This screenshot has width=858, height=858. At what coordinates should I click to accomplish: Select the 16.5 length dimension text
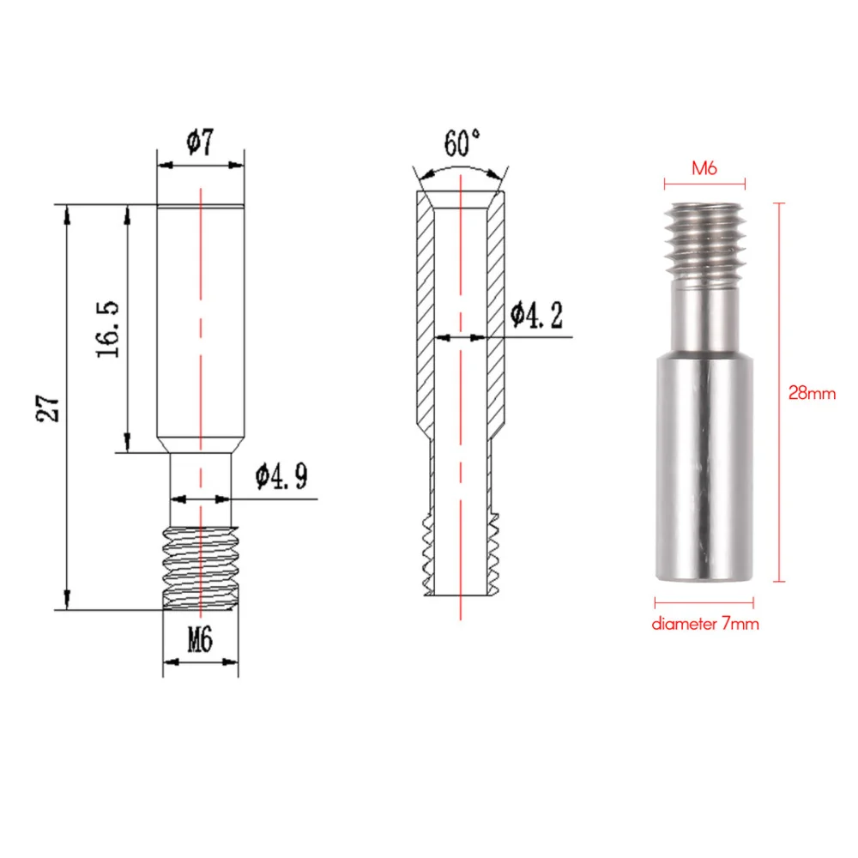tap(112, 329)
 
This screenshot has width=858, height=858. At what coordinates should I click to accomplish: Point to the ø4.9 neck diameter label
tap(281, 477)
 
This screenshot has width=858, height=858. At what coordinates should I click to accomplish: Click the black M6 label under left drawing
tap(199, 638)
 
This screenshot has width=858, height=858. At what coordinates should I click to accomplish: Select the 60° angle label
tap(462, 139)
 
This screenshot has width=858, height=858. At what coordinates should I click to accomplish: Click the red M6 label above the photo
tap(704, 169)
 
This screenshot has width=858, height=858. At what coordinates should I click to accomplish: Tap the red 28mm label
tap(812, 394)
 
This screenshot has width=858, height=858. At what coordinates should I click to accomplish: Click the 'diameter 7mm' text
tap(705, 625)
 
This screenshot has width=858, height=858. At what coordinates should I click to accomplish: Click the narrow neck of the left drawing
tap(200, 489)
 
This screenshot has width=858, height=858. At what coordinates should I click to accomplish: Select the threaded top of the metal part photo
tap(704, 240)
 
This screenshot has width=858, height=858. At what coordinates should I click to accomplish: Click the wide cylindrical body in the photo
tap(705, 463)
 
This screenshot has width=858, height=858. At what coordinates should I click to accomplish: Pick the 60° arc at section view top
tap(461, 170)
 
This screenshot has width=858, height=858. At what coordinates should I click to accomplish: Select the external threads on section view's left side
tap(426, 553)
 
